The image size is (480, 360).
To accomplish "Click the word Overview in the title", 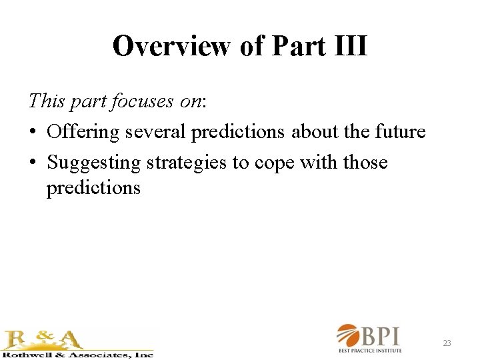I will [173, 47].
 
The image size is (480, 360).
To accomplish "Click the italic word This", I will [46, 101].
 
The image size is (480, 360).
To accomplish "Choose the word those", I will [365, 163].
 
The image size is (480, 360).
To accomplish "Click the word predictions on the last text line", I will [93, 188].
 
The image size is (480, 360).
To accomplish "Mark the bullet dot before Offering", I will [33, 132].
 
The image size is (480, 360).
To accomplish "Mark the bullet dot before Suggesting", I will [33, 163].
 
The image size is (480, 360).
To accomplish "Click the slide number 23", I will [447, 343].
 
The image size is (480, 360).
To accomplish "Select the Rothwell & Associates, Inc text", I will [77, 354].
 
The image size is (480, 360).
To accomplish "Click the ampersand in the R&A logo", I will [43, 339].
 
